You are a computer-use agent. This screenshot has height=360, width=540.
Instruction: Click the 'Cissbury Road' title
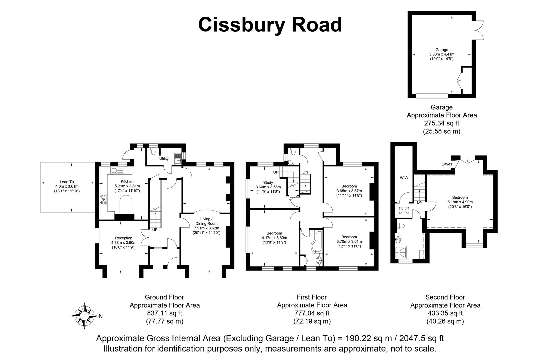tap(270, 25)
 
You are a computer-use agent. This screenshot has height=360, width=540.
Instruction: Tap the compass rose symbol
tap(84, 316)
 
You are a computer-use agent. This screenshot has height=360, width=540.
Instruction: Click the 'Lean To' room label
tap(67, 182)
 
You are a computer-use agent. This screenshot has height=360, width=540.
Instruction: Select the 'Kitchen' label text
tap(127, 181)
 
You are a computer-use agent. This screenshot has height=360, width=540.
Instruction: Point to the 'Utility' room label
tap(164, 158)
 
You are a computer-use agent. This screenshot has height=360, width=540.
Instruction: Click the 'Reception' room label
tap(124, 238)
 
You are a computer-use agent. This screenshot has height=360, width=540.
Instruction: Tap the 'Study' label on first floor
tap(268, 182)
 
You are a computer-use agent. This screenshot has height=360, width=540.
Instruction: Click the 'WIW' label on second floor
tap(404, 178)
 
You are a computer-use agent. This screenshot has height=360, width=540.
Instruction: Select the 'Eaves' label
tap(447, 164)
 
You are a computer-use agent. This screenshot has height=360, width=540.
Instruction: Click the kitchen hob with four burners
tap(103, 200)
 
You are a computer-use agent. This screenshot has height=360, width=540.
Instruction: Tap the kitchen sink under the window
tap(117, 170)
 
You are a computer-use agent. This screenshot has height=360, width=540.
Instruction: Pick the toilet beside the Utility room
tap(153, 151)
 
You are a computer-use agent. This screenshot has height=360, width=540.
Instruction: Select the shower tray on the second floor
tap(401, 252)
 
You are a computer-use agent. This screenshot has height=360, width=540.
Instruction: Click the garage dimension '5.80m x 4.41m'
tap(442, 54)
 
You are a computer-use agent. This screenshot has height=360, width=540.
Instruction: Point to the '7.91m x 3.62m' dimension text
tap(207, 228)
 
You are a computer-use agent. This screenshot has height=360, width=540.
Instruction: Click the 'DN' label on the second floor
tap(420, 202)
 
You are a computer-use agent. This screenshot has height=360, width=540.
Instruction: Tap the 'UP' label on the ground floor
tap(155, 230)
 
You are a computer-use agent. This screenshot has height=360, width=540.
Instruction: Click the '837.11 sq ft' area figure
tap(165, 313)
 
